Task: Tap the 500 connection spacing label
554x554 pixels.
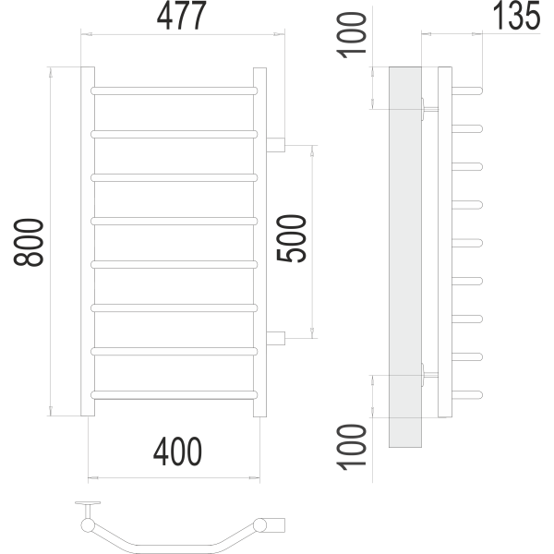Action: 292,238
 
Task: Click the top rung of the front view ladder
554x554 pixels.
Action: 174,90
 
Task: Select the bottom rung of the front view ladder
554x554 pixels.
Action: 174,394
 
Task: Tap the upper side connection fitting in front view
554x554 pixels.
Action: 276,144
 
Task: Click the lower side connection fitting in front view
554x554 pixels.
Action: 276,336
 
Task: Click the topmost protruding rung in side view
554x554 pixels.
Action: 467,90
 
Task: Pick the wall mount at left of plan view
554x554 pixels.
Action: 88,510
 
